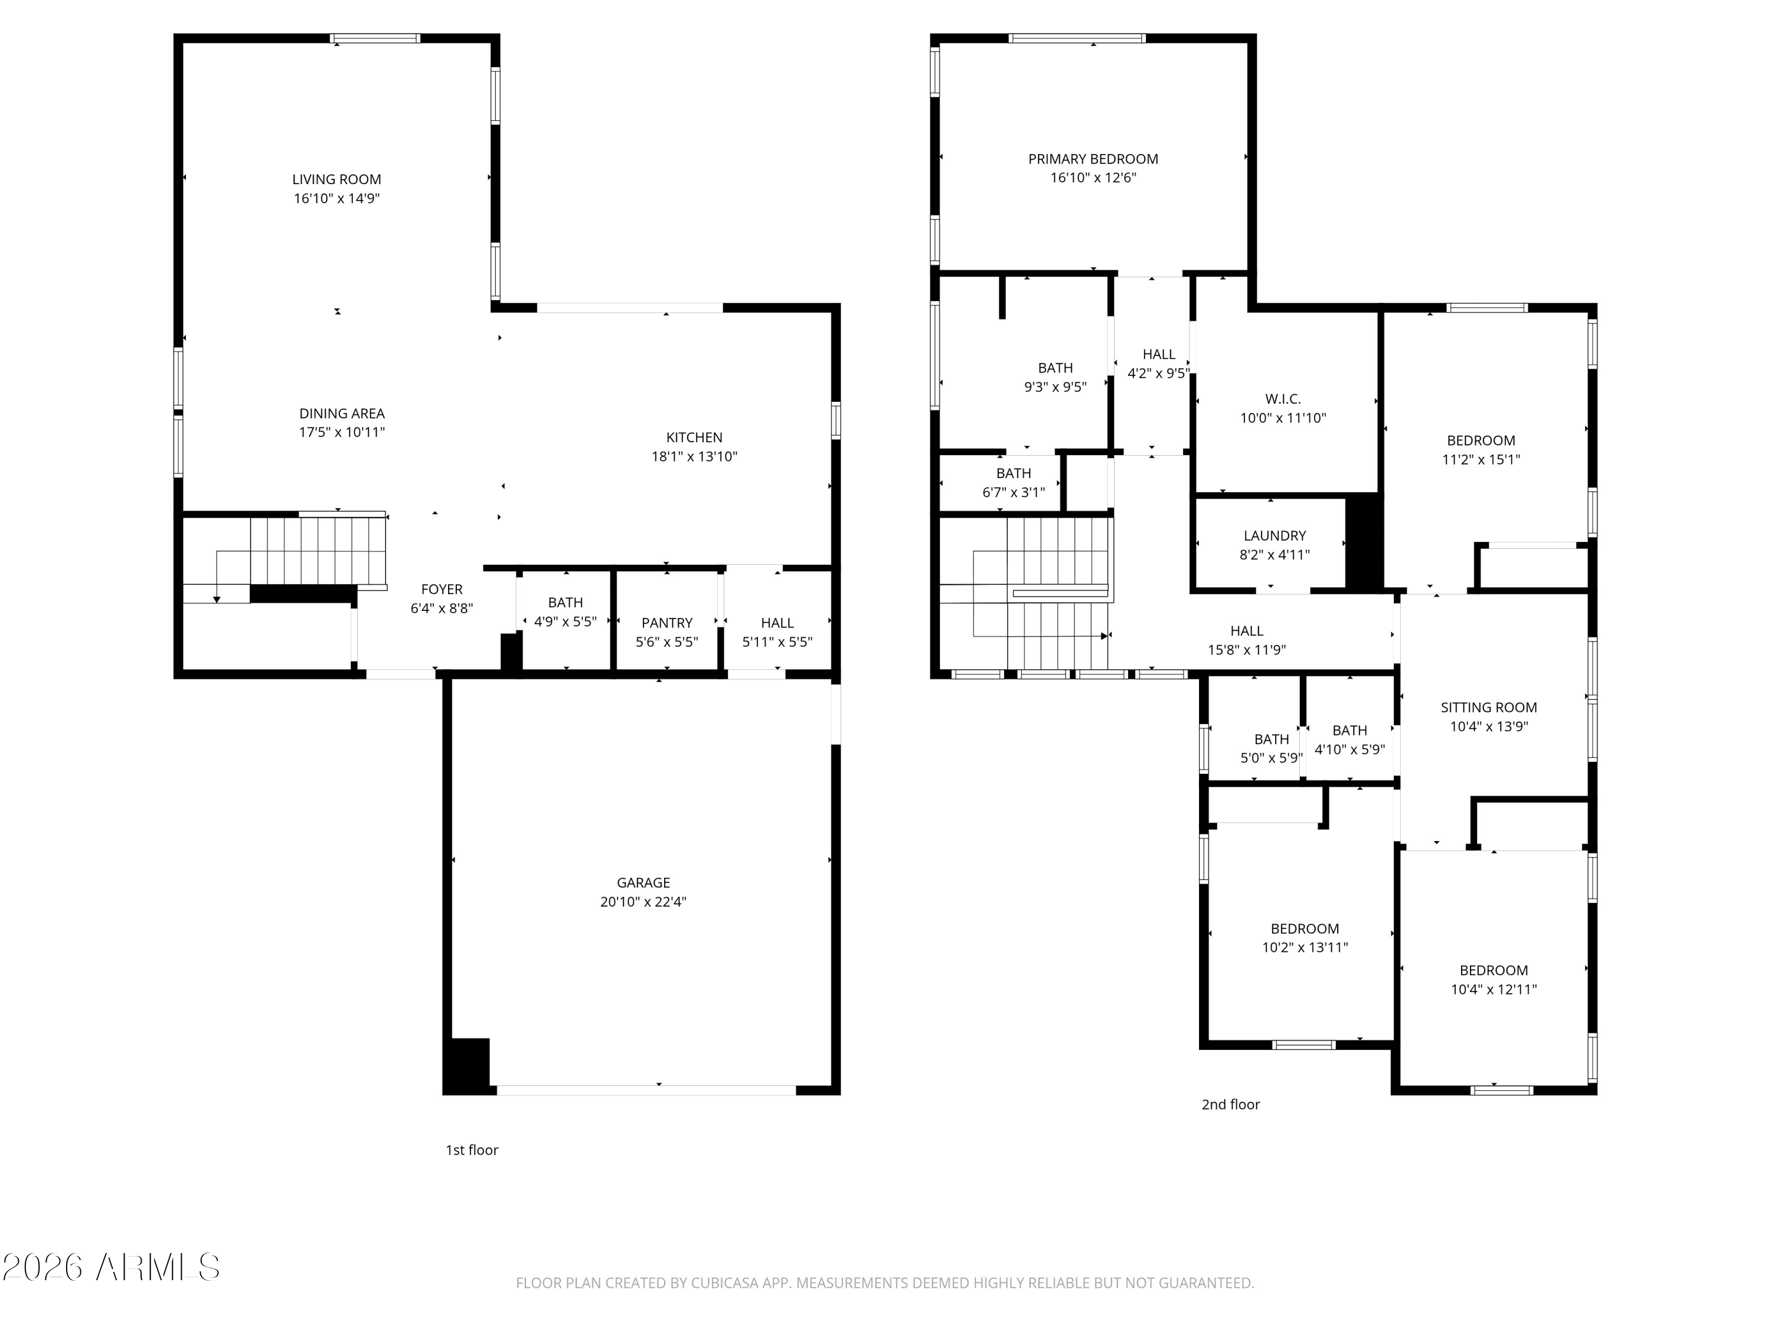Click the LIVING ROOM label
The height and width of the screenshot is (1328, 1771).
(336, 179)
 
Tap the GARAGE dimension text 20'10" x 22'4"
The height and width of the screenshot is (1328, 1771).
(643, 901)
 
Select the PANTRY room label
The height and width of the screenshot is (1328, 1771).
(667, 623)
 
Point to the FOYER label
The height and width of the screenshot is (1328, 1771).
(442, 589)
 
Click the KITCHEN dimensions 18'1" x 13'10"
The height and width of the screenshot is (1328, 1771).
(694, 456)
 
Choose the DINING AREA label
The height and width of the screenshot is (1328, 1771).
(342, 413)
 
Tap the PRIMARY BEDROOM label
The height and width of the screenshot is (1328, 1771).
(1093, 159)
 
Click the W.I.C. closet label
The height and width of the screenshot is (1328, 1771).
(1283, 398)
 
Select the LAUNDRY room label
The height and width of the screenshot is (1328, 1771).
(1275, 535)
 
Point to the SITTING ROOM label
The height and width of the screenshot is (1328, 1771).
(1488, 707)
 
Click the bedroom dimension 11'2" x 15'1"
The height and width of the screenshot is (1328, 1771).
(1481, 459)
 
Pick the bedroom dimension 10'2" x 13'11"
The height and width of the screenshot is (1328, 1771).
(1305, 947)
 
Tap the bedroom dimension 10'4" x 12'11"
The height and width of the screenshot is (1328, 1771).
(1494, 989)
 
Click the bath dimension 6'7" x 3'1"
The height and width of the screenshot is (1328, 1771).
(1014, 492)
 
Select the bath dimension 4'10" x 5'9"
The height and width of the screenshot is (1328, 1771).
(1350, 749)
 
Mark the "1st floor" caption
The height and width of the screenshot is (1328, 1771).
(472, 1150)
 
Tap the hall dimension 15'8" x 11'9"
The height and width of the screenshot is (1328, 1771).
(1247, 650)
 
